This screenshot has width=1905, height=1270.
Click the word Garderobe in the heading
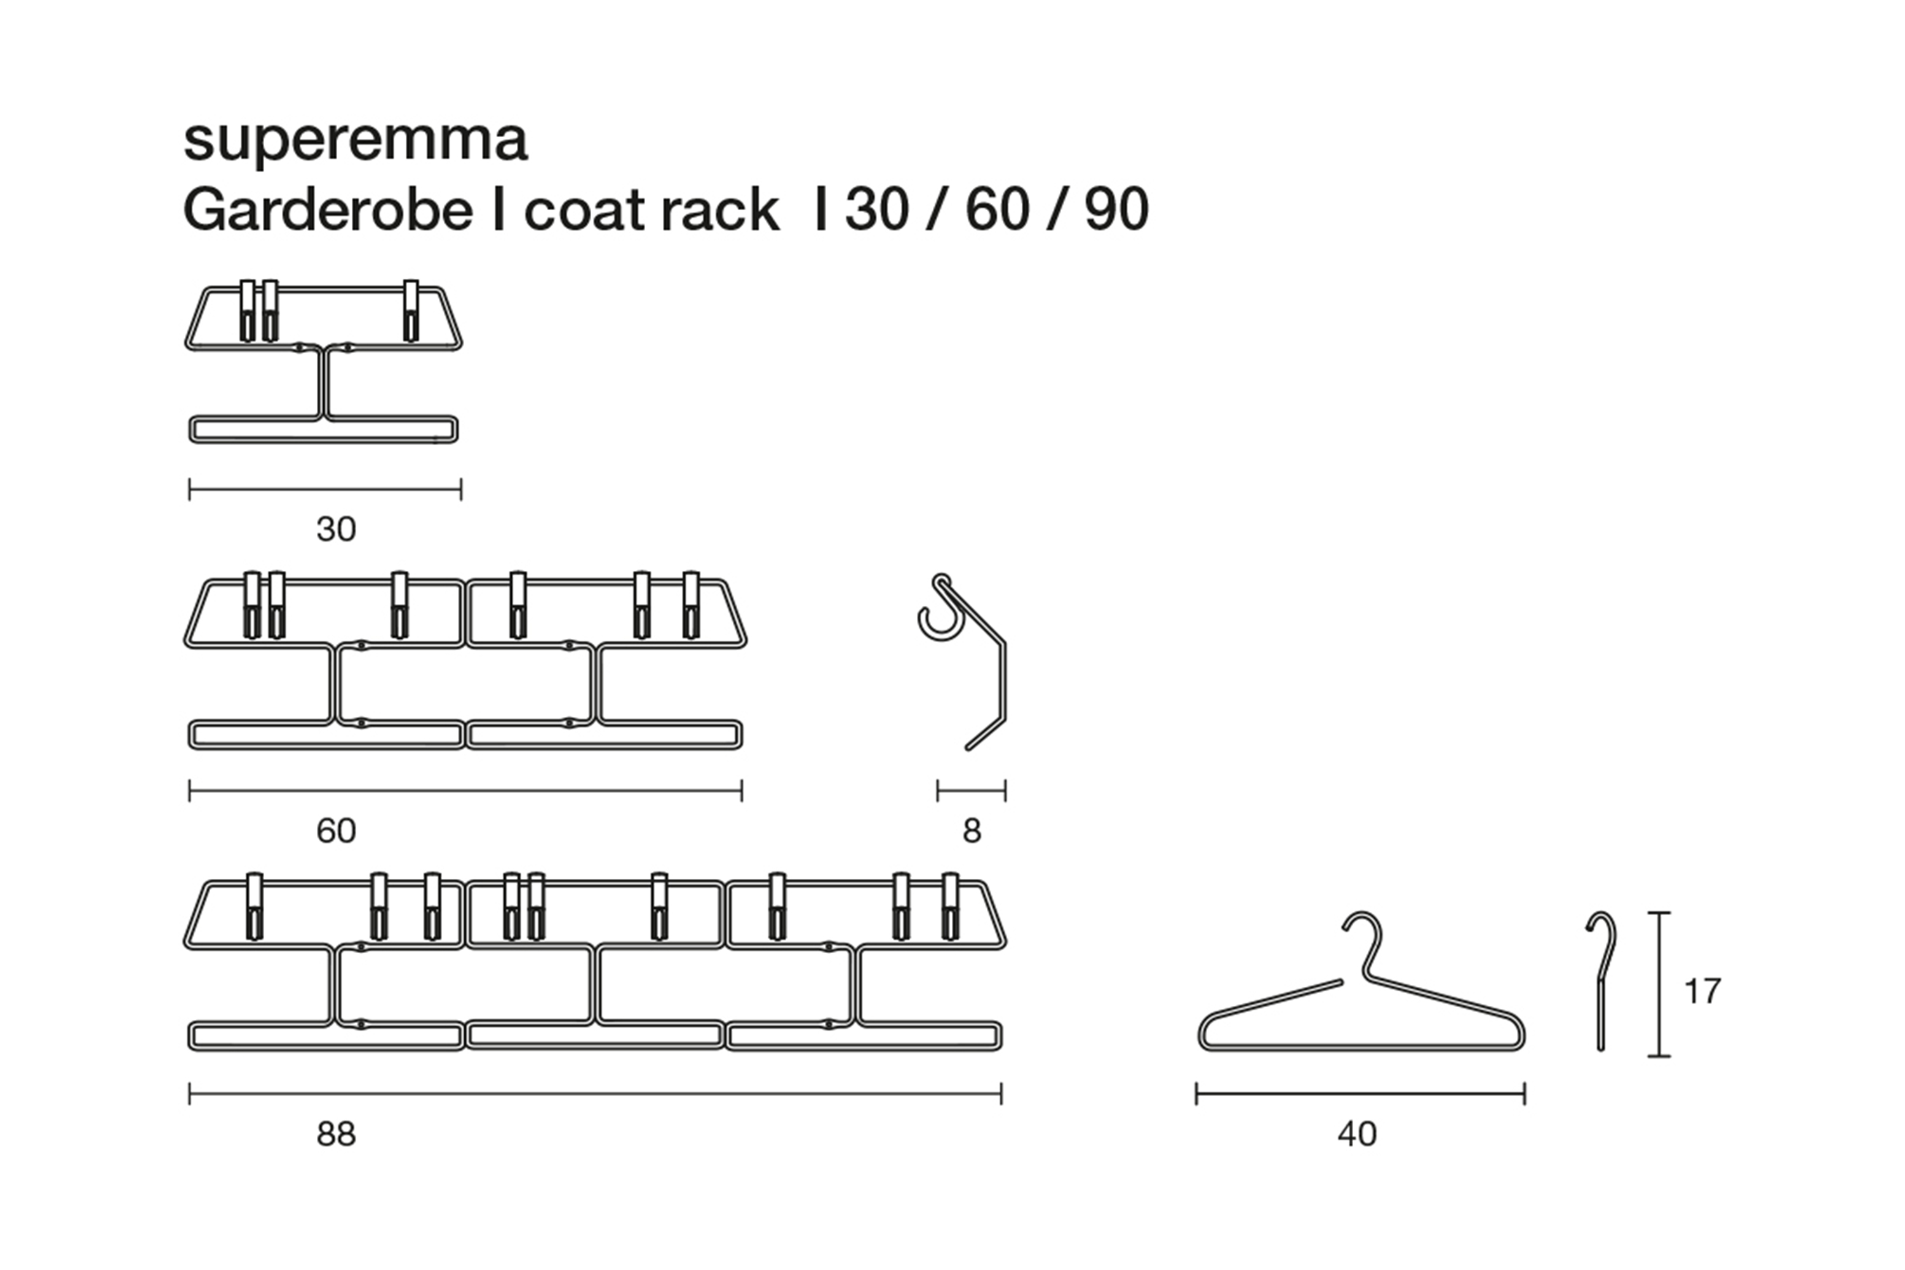(x=328, y=210)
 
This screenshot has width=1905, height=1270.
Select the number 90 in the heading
(x=1116, y=210)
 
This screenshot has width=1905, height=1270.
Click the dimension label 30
(x=336, y=530)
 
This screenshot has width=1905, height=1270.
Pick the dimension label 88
(x=336, y=1135)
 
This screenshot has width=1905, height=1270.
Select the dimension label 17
(x=1702, y=991)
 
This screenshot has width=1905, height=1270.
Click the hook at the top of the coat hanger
(x=1364, y=941)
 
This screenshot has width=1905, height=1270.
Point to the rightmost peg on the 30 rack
(x=411, y=311)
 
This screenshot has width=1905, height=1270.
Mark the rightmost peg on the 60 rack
(x=691, y=605)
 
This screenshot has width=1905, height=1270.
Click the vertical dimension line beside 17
(x=1660, y=984)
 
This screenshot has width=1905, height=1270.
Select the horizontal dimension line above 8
(x=971, y=791)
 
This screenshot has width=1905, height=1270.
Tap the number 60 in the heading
(x=997, y=210)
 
